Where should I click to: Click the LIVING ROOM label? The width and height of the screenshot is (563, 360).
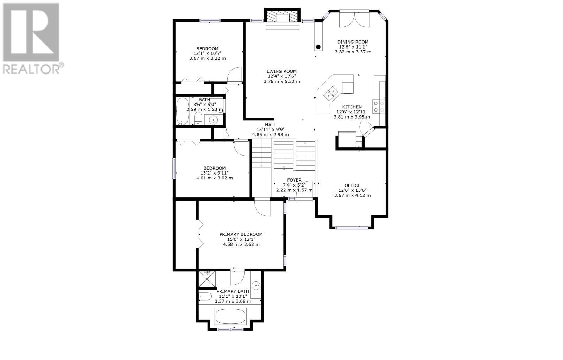point(281,71)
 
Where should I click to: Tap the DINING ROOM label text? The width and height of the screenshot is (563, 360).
point(353,42)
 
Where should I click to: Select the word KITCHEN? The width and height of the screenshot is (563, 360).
point(352,107)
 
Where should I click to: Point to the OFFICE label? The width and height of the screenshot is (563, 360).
point(352,185)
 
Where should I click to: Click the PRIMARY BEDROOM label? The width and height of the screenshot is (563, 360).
point(241,234)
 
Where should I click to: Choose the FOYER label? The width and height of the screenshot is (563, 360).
point(294,180)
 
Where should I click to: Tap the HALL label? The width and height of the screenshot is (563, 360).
point(271,125)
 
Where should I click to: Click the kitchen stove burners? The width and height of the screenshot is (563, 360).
point(379,106)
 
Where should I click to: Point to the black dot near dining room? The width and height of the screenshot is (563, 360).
point(318,47)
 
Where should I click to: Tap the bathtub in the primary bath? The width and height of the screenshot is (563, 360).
point(230,316)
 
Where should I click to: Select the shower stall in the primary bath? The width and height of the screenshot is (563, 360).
point(207,279)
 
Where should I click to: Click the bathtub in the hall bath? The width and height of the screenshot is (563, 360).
point(183,111)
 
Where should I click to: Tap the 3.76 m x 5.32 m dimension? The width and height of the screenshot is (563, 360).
point(282,81)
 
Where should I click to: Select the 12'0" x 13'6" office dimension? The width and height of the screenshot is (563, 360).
point(352,190)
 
